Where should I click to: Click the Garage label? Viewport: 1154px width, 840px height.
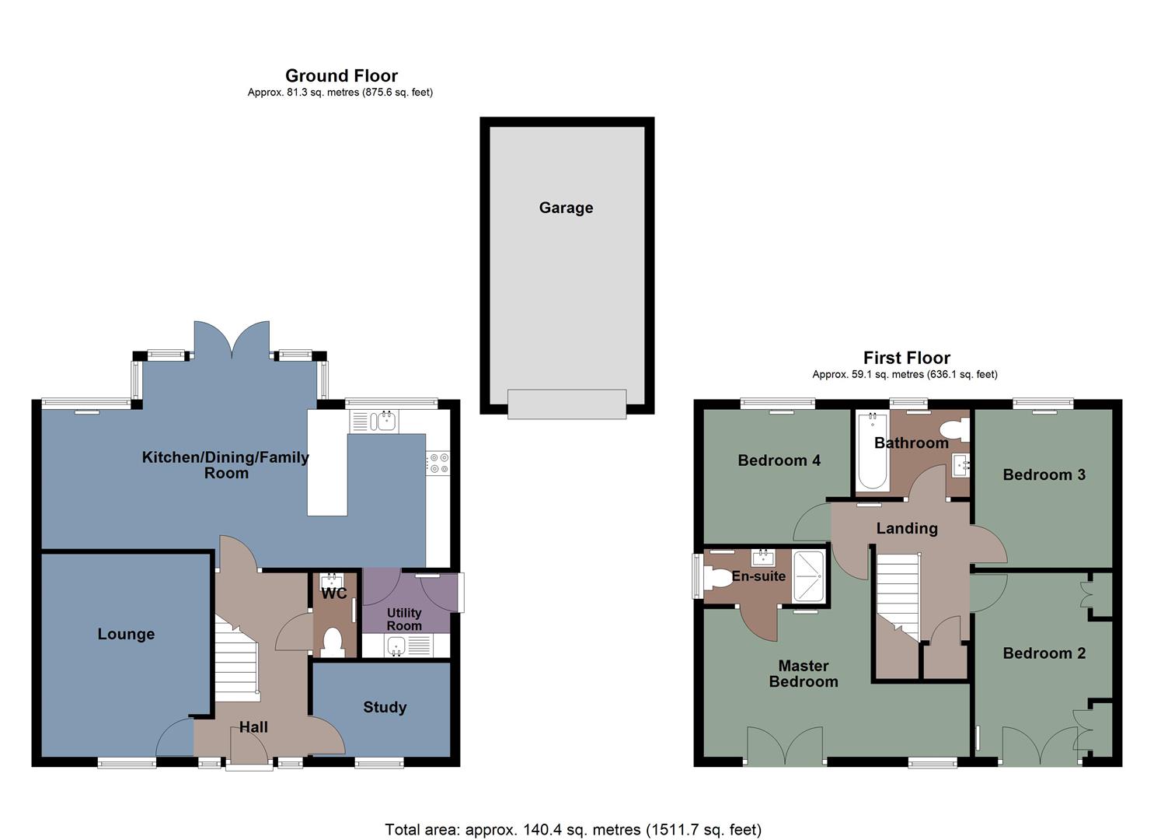[x=566, y=208]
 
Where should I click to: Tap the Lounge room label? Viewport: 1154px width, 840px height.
[x=126, y=634]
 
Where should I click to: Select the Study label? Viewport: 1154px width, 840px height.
[x=385, y=707]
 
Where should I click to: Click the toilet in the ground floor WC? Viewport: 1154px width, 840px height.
[x=333, y=642]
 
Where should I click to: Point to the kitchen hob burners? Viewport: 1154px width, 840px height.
[x=438, y=464]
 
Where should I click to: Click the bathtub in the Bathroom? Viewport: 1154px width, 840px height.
[x=872, y=451]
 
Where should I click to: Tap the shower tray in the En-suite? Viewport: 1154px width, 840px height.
[x=808, y=576]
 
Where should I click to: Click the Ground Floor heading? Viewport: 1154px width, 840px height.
[x=341, y=75]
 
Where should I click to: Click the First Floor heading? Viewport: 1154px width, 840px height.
[x=906, y=358]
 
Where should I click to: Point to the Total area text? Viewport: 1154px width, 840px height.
[x=573, y=830]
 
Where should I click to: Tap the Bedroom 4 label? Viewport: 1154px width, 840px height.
[x=779, y=460]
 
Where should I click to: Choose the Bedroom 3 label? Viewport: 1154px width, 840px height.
[x=1044, y=474]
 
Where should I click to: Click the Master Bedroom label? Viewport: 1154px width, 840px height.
[x=804, y=674]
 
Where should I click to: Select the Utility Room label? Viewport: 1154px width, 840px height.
[x=404, y=619]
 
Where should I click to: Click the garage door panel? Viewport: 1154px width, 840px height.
[x=567, y=404]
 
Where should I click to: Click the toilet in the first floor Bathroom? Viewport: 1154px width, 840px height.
[x=953, y=429]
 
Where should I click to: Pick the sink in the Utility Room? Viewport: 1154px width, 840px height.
[x=397, y=645]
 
